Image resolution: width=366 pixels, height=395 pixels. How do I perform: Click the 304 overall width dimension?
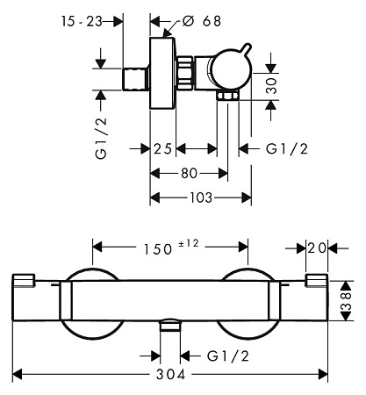(x=171, y=374)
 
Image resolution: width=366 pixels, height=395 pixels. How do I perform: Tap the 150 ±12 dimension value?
(x=171, y=248)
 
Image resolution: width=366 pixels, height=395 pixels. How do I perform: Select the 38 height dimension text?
(x=346, y=300)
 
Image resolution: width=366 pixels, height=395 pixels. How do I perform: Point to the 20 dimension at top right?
(x=317, y=248)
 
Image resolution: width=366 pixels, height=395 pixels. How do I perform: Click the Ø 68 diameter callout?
(x=202, y=21)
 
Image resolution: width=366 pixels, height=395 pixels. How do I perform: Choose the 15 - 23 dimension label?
(x=82, y=21)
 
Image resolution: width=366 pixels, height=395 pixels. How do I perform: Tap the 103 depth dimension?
(x=201, y=197)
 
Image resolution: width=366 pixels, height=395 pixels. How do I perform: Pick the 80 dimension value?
(x=189, y=174)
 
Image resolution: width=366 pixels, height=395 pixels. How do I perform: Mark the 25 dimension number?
(x=162, y=149)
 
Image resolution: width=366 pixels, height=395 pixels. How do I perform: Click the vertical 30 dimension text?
(x=272, y=85)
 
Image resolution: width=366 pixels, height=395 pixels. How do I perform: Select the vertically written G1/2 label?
(x=101, y=138)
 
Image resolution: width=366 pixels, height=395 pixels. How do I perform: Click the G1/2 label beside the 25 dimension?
(x=287, y=149)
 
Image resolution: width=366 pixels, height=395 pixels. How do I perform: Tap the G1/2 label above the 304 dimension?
(x=228, y=356)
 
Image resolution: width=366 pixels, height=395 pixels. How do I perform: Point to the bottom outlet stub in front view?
(x=170, y=326)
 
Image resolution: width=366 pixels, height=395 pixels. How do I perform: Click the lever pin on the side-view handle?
(x=246, y=49)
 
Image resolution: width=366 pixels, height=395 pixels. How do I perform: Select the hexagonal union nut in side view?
(x=185, y=73)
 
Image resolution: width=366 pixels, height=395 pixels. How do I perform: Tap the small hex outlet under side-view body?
(x=228, y=95)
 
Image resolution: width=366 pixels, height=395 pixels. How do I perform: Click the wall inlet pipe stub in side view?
(x=135, y=79)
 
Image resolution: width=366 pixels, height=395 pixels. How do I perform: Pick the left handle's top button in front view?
(x=24, y=280)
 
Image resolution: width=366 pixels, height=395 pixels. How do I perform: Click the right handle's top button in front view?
(x=317, y=280)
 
